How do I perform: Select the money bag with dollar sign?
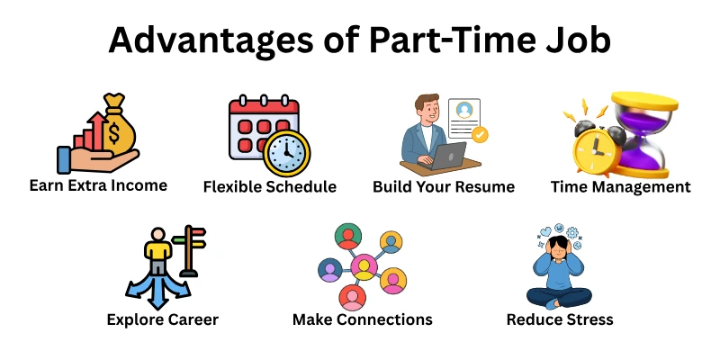(121, 125)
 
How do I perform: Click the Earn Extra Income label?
(98, 186)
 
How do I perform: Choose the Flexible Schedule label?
(270, 187)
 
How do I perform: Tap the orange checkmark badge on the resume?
(481, 135)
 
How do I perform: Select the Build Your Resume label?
(444, 187)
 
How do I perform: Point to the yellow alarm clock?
(589, 148)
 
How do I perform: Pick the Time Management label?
(621, 187)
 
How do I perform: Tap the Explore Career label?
(162, 319)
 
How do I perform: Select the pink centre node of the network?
(363, 265)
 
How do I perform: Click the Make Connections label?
(363, 319)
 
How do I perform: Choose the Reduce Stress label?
(560, 319)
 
